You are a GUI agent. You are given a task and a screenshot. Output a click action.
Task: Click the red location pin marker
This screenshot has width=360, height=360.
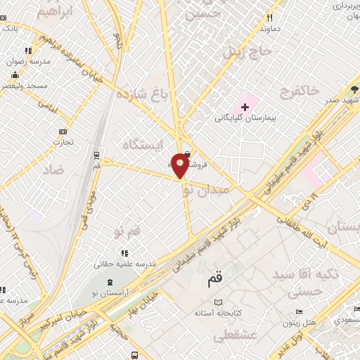coord(181,164)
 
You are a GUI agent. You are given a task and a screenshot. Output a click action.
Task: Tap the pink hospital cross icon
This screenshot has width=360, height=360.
coord(245,106)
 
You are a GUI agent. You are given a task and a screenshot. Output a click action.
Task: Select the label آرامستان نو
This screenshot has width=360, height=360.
coord(108,291)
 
